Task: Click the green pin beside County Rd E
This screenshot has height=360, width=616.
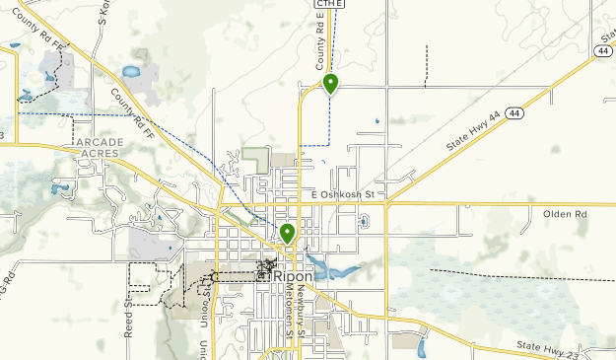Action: coord(331,84)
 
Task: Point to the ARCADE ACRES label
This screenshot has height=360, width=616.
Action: coord(100,148)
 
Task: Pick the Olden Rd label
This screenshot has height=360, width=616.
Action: coord(565,213)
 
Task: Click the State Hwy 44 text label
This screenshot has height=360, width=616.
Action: coord(471,130)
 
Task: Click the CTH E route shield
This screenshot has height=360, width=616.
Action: coord(329,4)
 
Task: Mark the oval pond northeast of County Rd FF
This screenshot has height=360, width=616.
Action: coord(131,72)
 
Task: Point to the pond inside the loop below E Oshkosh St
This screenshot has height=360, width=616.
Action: coord(364,221)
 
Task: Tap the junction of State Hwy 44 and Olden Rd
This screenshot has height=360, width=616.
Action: coord(387,204)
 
